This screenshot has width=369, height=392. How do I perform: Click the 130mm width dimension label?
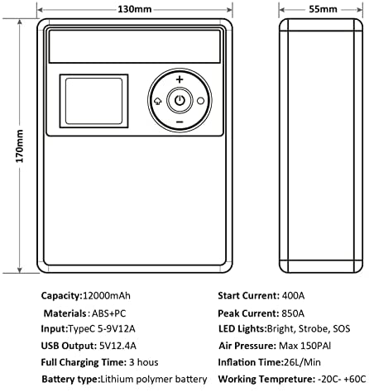(135, 9)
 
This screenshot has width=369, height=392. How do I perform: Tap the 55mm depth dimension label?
(323, 9)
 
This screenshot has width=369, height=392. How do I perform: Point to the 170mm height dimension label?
(20, 146)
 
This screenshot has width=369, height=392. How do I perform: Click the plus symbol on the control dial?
(180, 79)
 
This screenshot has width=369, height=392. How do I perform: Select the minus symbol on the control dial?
(180, 122)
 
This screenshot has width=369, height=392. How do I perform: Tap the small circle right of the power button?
(201, 101)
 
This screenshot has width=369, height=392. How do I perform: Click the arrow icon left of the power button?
(157, 101)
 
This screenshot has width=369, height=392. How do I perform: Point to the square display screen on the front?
(93, 101)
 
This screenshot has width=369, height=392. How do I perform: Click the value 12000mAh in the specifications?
(107, 296)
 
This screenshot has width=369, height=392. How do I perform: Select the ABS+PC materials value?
(108, 313)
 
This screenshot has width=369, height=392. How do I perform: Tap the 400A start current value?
(293, 296)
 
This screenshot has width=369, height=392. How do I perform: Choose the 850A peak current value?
(293, 313)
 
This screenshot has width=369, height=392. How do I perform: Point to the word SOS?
(342, 328)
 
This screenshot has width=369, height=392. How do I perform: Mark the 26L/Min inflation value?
(302, 362)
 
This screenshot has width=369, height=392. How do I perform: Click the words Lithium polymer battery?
(153, 380)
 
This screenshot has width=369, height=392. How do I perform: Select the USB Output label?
(68, 346)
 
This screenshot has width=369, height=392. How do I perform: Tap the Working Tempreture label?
(266, 380)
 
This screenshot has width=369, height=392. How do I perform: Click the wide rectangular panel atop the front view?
(135, 46)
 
